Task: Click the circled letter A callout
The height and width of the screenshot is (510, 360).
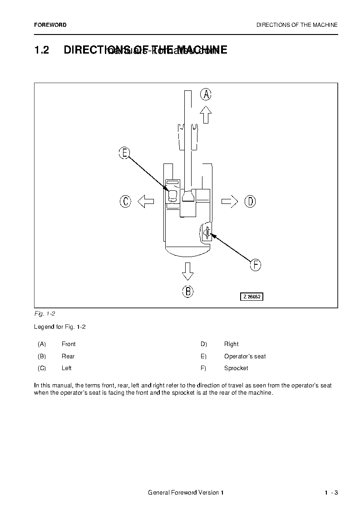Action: coord(206,94)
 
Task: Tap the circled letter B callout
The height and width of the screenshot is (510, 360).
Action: coord(188,291)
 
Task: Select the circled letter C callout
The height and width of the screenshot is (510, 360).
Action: coord(126,201)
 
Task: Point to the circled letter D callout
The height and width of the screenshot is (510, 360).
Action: coord(250,201)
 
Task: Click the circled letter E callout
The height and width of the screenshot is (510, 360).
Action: coord(124,153)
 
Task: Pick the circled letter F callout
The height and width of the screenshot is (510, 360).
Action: coord(256,265)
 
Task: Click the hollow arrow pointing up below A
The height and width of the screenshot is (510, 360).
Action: coord(206,114)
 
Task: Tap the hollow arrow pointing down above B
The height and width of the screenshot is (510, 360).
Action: coord(187,271)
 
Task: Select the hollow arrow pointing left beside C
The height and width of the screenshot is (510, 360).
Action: coord(146,201)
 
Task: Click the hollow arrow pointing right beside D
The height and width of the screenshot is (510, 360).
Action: coord(229,201)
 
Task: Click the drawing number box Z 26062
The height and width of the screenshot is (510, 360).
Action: coord(252,297)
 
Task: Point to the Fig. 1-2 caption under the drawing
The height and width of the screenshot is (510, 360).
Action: coord(44,314)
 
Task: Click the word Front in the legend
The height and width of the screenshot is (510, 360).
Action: coord(69,344)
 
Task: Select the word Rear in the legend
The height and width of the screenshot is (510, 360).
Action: coord(68,357)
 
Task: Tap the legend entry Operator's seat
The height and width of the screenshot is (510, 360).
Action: coord(245,357)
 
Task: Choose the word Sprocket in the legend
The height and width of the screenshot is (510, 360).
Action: coord(236,368)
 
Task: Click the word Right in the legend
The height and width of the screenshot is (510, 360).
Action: coord(231,344)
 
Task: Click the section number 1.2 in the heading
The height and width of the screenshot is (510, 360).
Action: coord(42,50)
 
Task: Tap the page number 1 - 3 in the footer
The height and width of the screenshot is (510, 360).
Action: coord(331,493)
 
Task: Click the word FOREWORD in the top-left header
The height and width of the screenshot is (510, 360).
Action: coord(50,25)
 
